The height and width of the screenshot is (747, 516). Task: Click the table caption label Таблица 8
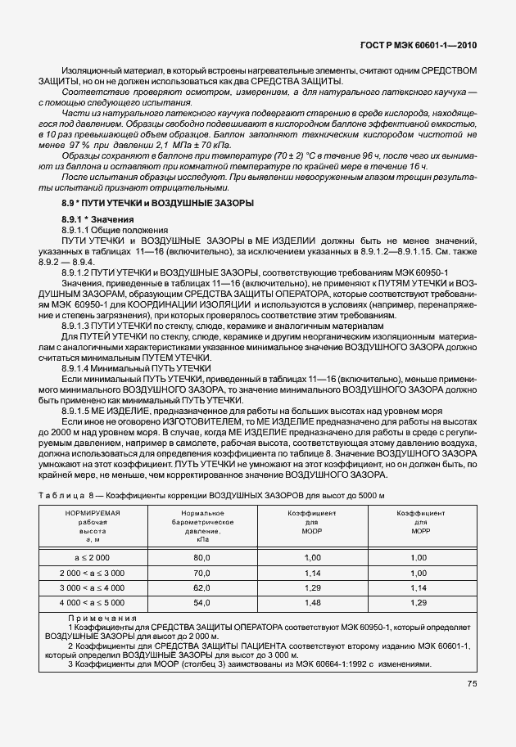click(x=66, y=496)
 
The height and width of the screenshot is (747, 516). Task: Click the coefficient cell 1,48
click(x=311, y=602)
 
